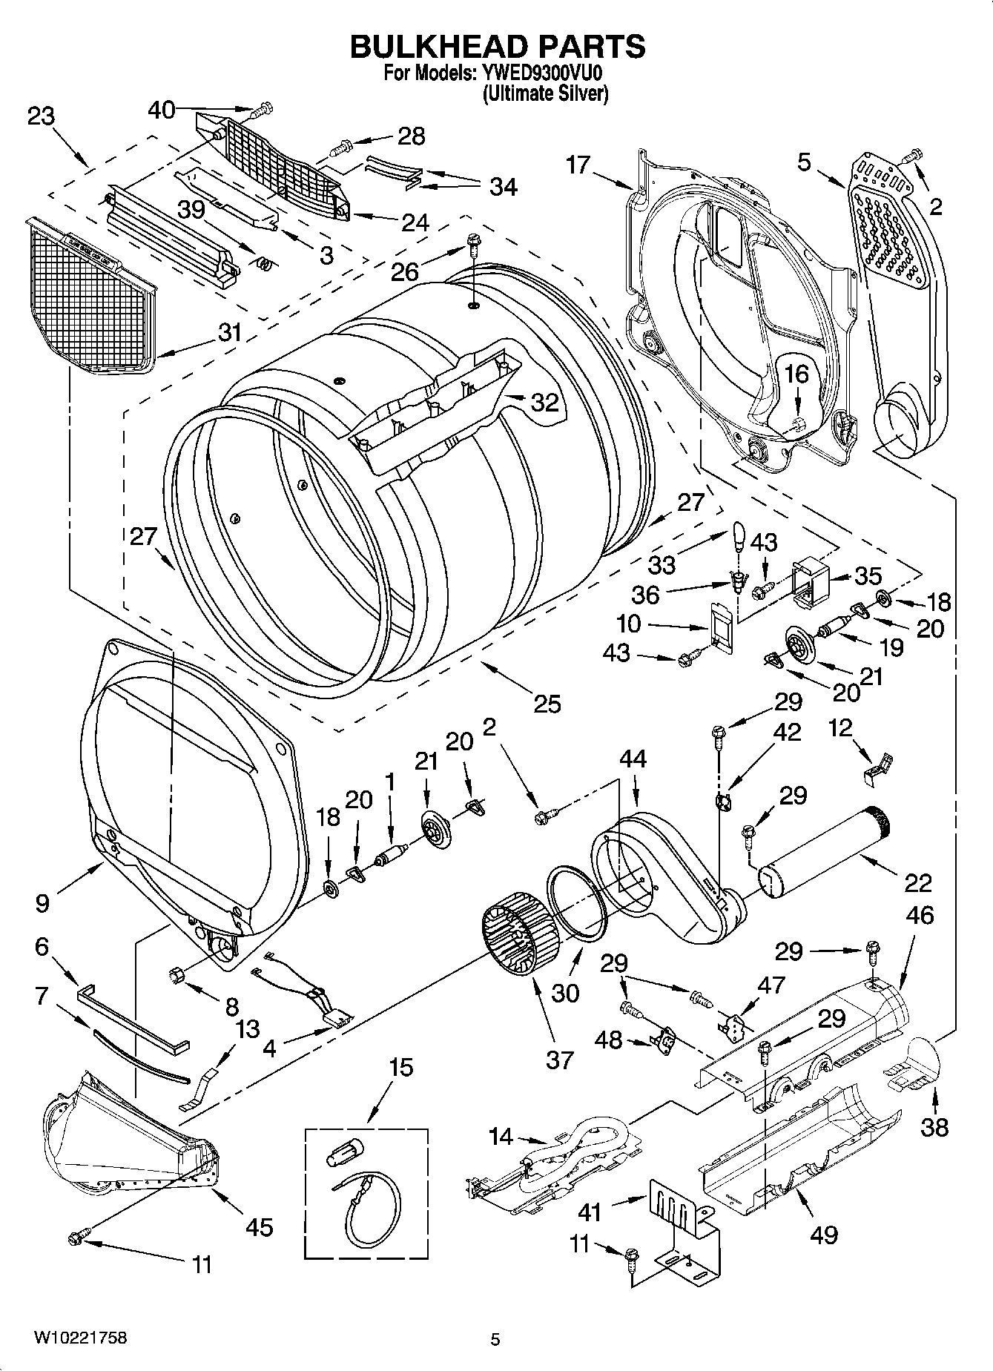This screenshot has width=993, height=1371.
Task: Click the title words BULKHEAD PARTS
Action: [x=497, y=47]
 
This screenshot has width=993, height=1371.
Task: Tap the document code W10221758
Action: [x=79, y=1337]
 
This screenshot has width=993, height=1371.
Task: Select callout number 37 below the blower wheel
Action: [x=560, y=1060]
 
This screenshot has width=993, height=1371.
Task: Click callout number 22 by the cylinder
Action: [x=917, y=882]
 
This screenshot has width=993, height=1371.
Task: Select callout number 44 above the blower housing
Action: [x=633, y=759]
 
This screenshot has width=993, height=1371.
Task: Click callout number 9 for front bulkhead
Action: [x=42, y=902]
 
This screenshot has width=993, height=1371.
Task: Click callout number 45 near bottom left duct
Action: [x=260, y=1227]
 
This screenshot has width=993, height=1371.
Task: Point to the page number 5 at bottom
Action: [x=495, y=1339]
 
